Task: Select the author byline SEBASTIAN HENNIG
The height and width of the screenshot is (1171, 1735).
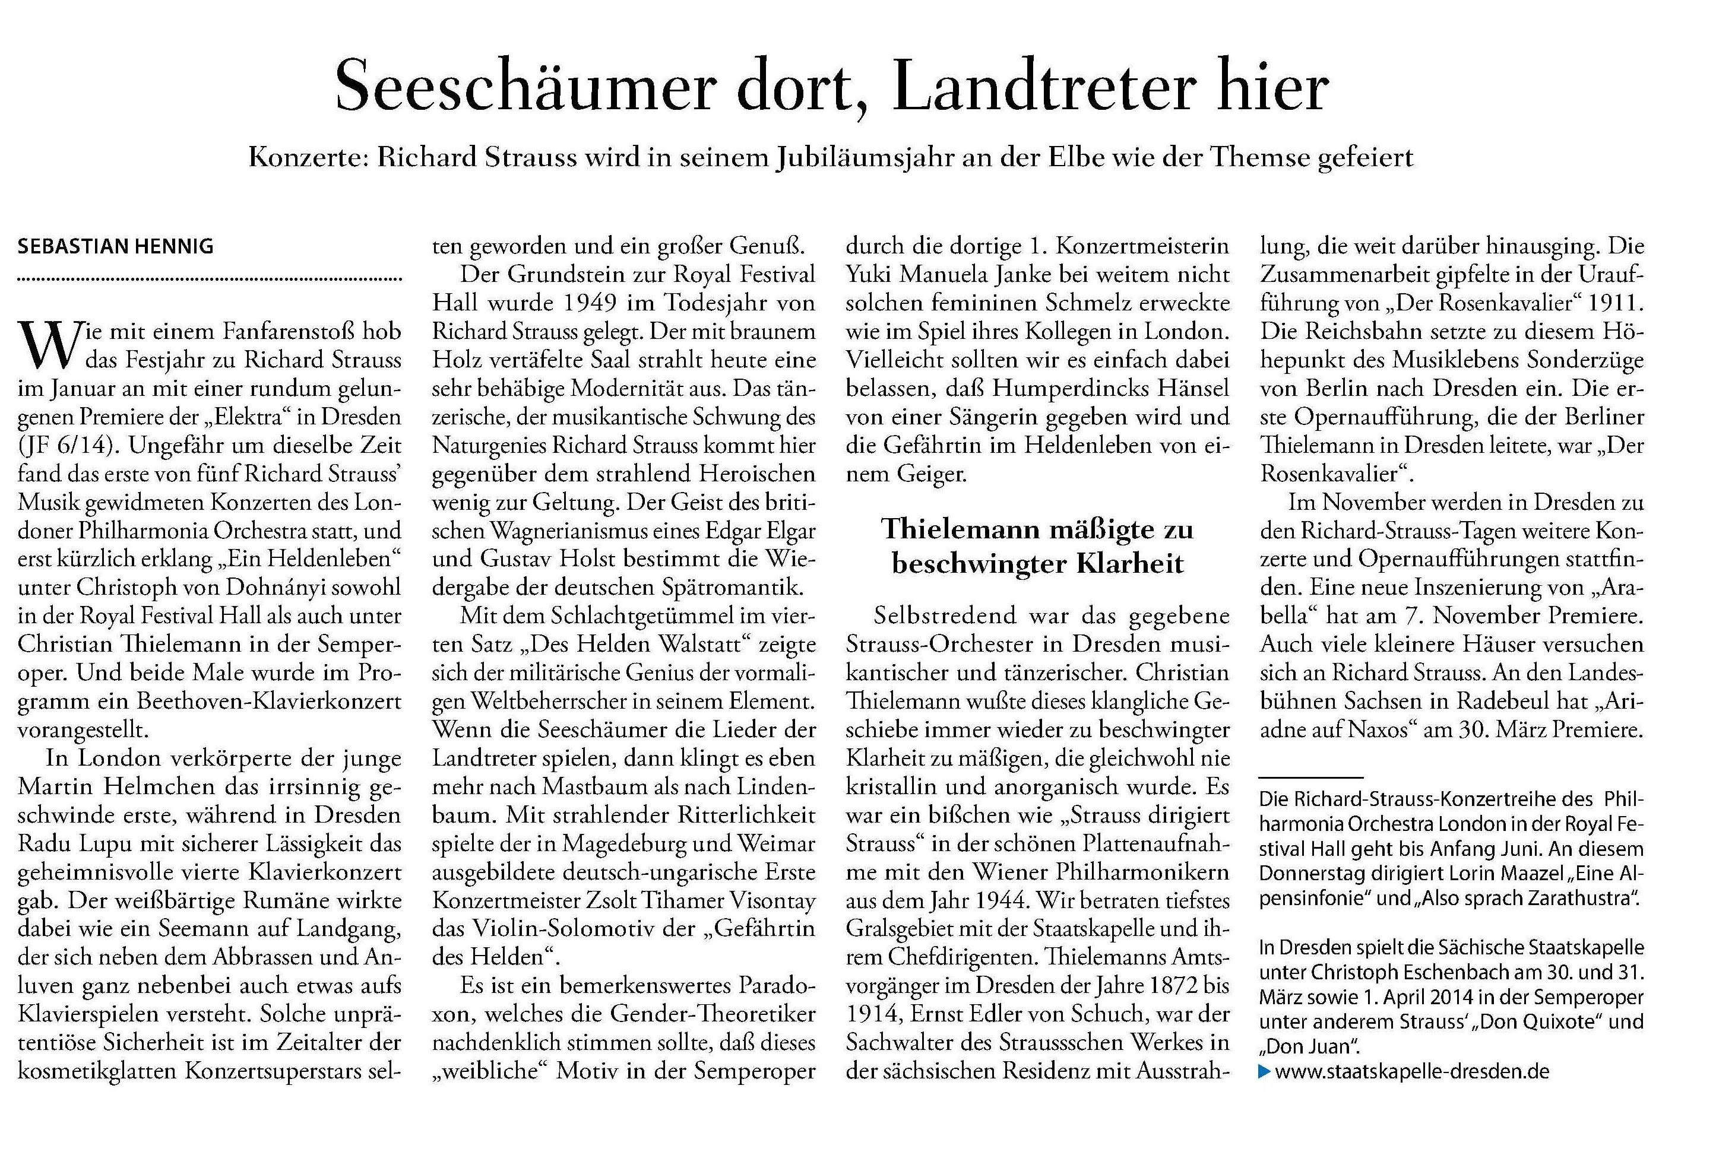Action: click(x=116, y=246)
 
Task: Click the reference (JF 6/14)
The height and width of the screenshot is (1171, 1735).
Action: click(x=68, y=446)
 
